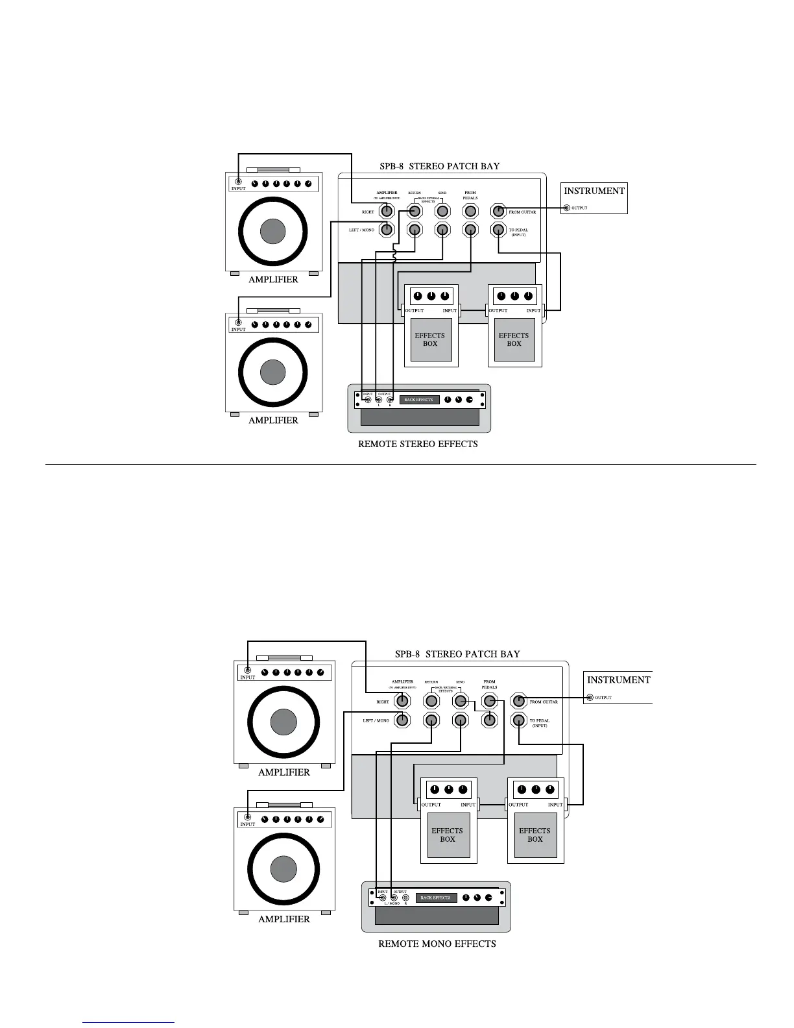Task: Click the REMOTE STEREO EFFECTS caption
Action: click(418, 445)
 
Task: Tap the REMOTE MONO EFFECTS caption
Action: click(437, 944)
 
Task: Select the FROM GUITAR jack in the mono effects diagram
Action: click(518, 701)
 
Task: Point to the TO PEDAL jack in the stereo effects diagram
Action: click(498, 229)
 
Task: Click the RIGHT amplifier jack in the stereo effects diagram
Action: click(387, 211)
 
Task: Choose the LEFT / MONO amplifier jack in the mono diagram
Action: click(402, 720)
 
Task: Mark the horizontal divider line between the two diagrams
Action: click(400, 465)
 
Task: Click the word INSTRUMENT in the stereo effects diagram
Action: click(594, 191)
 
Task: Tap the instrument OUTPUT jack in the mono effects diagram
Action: click(590, 698)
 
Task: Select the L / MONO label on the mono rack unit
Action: click(392, 904)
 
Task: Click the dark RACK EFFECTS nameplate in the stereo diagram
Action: click(419, 400)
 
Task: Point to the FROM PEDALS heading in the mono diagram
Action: click(489, 685)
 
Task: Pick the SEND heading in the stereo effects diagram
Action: click(442, 193)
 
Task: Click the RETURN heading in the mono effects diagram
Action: click(431, 682)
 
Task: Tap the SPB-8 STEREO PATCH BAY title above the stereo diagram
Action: click(439, 166)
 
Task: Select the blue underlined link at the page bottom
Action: click(128, 1022)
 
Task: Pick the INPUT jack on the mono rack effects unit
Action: click(382, 898)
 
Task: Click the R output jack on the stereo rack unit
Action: click(390, 400)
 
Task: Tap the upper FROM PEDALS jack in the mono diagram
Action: click(489, 701)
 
